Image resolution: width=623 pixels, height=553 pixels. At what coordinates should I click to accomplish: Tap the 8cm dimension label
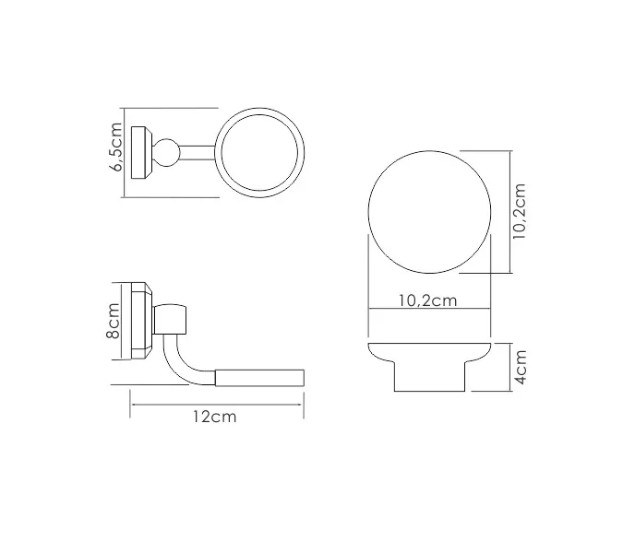pos(114,322)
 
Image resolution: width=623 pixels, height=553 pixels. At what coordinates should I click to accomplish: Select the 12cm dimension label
pos(214,417)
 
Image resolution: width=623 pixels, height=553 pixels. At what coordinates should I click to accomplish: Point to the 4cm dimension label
pos(521,366)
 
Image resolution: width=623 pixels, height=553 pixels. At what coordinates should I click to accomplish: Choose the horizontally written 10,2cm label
pos(428,300)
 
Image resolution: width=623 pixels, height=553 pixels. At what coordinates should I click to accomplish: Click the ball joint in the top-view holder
pos(171,151)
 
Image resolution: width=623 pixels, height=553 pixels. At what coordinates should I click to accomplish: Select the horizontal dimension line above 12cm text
pos(218,403)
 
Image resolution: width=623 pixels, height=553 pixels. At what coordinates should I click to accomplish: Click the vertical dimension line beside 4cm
pos(509,366)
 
